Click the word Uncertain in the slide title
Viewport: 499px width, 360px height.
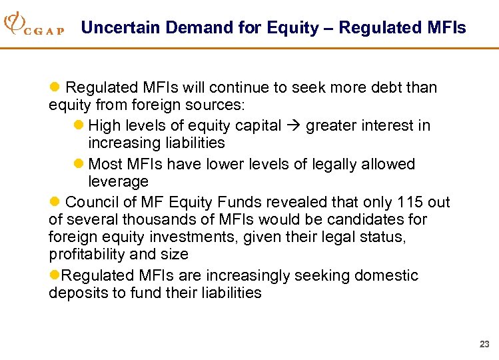(120, 27)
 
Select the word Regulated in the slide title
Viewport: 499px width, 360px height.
(377, 27)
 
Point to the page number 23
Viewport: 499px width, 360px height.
(484, 345)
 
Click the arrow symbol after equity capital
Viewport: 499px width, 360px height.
(294, 125)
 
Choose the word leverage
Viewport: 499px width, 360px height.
(118, 181)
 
